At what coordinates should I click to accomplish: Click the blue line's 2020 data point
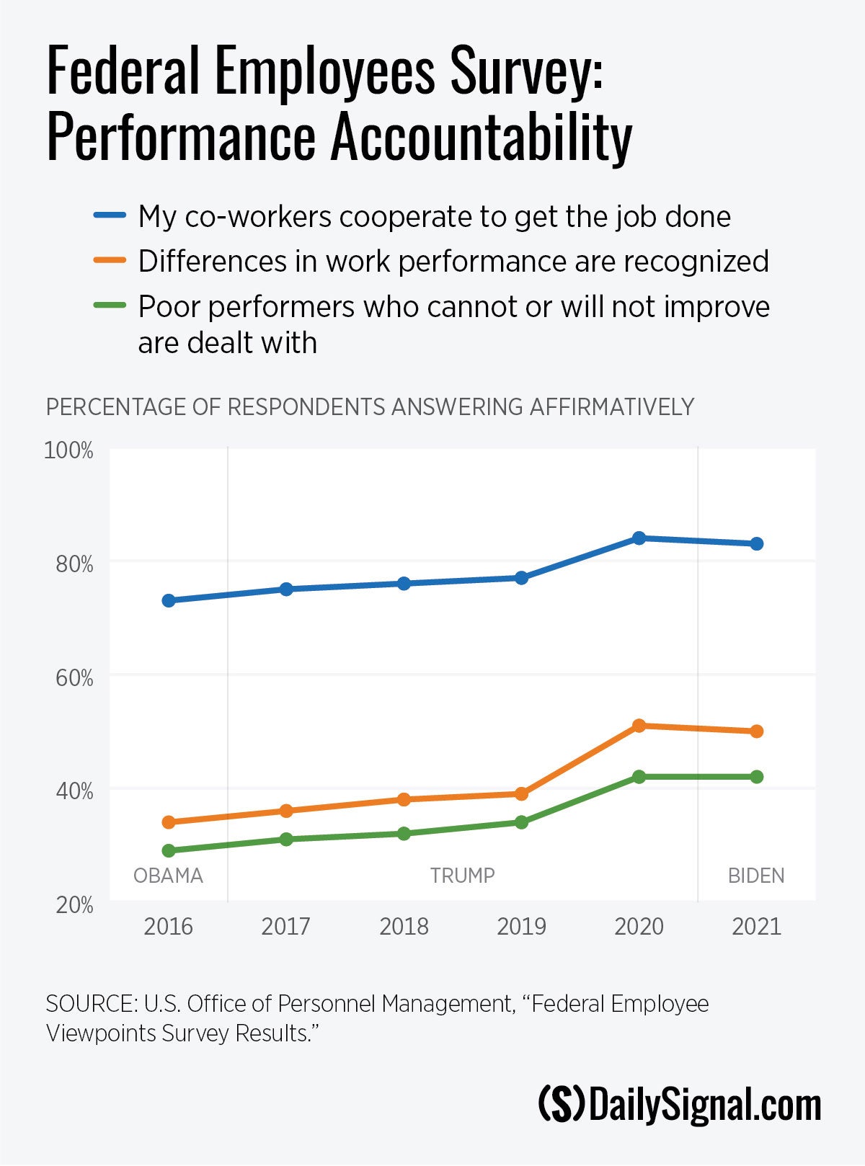pyautogui.click(x=639, y=538)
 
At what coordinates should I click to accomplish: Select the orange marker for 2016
pyautogui.click(x=169, y=822)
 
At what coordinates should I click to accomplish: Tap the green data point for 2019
pyautogui.click(x=521, y=822)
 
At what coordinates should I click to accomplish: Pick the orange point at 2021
pyautogui.click(x=756, y=731)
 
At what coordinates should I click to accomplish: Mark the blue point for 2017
pyautogui.click(x=286, y=589)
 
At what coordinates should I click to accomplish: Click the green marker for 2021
pyautogui.click(x=756, y=776)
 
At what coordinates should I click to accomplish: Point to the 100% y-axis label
pyautogui.click(x=69, y=450)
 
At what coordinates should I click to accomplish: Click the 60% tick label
pyautogui.click(x=74, y=677)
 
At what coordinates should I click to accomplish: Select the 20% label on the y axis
pyautogui.click(x=74, y=904)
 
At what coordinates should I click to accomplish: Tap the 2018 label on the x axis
pyautogui.click(x=404, y=926)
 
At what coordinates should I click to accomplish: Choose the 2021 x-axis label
pyautogui.click(x=756, y=926)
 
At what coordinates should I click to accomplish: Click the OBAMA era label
pyautogui.click(x=169, y=876)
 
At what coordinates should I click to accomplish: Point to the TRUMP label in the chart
pyautogui.click(x=462, y=876)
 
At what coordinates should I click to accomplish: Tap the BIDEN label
pyautogui.click(x=756, y=876)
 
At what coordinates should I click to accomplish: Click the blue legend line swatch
pyautogui.click(x=110, y=215)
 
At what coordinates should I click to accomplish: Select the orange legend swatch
pyautogui.click(x=110, y=260)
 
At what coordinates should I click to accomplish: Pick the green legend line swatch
pyautogui.click(x=110, y=306)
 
